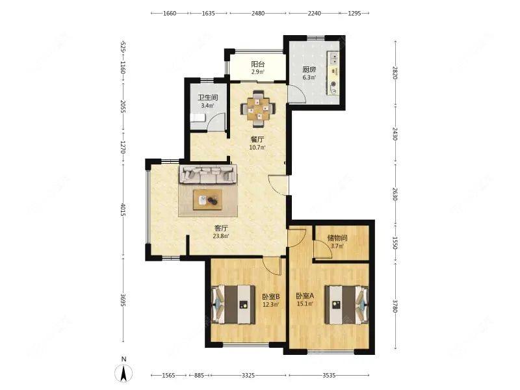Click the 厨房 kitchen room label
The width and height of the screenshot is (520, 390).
click(x=309, y=70)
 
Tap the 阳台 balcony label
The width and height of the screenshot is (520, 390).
click(x=257, y=64)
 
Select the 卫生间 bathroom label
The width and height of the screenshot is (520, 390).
click(x=207, y=98)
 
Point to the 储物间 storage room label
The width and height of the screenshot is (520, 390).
click(x=337, y=238)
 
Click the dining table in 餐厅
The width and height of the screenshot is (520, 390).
click(x=258, y=109)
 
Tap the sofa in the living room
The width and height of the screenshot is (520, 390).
click(x=208, y=174)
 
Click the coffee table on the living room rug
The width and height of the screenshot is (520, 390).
click(x=207, y=200)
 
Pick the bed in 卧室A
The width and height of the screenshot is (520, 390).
click(x=346, y=304)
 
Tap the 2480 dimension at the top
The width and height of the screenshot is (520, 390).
click(x=257, y=13)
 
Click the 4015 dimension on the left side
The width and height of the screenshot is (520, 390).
click(x=123, y=209)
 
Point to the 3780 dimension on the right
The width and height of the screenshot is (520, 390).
click(x=395, y=306)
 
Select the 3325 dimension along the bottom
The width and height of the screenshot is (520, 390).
click(x=248, y=376)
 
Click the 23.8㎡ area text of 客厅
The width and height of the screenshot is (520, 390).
click(x=221, y=236)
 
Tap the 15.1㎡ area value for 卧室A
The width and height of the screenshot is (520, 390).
click(x=305, y=304)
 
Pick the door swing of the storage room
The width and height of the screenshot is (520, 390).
click(x=323, y=248)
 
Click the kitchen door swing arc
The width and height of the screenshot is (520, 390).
click(x=297, y=94)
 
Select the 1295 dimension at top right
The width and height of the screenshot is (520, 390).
click(x=354, y=13)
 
